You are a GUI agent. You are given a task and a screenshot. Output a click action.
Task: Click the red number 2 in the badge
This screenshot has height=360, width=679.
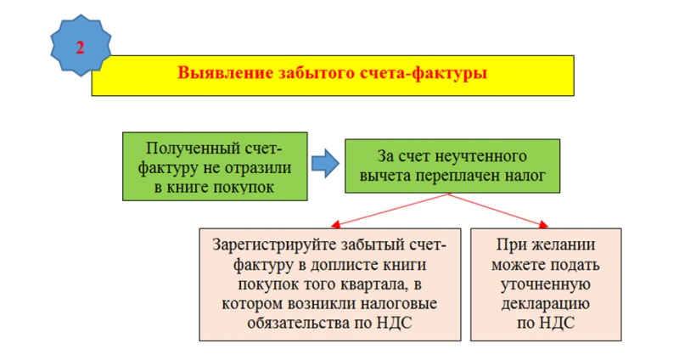(80, 48)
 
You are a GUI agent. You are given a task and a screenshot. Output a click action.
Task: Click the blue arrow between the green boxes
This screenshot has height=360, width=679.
(325, 164)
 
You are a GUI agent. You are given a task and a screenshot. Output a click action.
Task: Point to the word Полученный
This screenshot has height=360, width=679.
(193, 148)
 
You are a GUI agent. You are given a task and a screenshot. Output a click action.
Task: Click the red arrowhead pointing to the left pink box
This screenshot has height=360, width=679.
(335, 224)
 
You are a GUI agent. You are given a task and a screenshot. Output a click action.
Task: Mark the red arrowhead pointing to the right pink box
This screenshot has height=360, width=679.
(543, 224)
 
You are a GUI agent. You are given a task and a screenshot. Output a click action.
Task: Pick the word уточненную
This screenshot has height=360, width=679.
(546, 284)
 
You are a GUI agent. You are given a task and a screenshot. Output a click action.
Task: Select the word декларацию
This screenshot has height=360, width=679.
(546, 304)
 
